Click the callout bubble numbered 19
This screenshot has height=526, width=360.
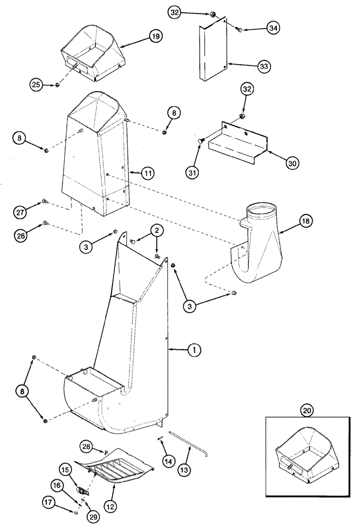(155, 36)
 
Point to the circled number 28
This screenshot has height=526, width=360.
(87, 447)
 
